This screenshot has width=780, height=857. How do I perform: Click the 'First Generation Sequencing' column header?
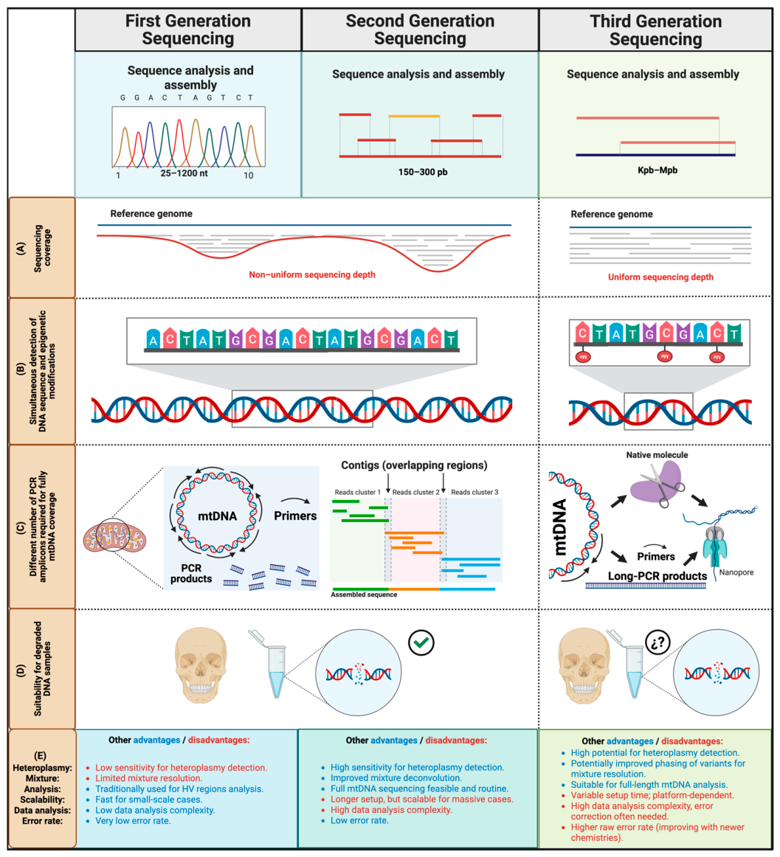(188, 30)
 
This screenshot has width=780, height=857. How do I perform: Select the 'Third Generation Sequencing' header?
(655, 30)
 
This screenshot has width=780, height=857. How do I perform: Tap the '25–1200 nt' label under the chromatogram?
(184, 173)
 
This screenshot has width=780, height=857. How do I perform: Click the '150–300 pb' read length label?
(423, 172)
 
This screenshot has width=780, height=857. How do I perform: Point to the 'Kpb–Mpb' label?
(658, 170)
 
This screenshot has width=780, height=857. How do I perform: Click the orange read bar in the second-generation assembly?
(414, 116)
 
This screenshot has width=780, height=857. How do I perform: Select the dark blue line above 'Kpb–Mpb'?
(655, 155)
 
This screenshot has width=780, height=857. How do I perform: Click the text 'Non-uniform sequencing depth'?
(312, 274)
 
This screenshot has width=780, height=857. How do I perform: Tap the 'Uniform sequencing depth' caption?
(660, 277)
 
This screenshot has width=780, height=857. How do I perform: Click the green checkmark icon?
(421, 643)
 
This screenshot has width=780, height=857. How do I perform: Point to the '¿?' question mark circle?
(658, 643)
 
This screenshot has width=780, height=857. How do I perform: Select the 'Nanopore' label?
(736, 572)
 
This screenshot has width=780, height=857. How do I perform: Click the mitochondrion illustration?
(115, 537)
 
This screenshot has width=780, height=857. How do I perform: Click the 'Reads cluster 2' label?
(415, 492)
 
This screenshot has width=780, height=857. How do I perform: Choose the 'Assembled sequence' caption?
(364, 594)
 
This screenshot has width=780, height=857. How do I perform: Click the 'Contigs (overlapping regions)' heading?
(414, 465)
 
